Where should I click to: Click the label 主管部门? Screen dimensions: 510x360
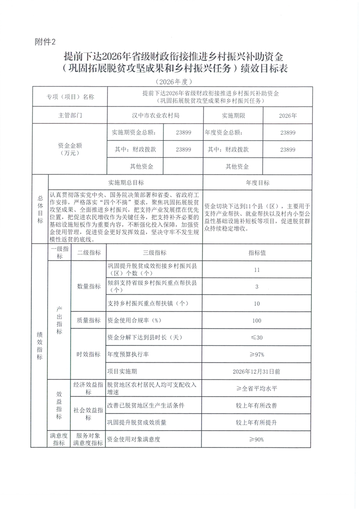70,116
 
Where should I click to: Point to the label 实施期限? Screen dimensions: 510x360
234,116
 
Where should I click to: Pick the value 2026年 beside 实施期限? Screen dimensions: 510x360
288,116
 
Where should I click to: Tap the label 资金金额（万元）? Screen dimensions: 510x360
70,149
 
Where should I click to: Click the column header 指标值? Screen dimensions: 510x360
257,253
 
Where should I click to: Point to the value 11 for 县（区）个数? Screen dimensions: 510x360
257,270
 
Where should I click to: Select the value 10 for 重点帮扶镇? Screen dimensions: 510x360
257,303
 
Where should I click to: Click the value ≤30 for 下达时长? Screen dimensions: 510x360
257,337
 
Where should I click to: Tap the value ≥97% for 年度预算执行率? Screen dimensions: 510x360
257,354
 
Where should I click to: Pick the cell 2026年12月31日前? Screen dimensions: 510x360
257,371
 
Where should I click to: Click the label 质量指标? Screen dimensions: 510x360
88,321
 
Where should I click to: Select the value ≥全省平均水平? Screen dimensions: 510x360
257,388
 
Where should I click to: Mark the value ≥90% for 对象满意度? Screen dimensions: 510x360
257,439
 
